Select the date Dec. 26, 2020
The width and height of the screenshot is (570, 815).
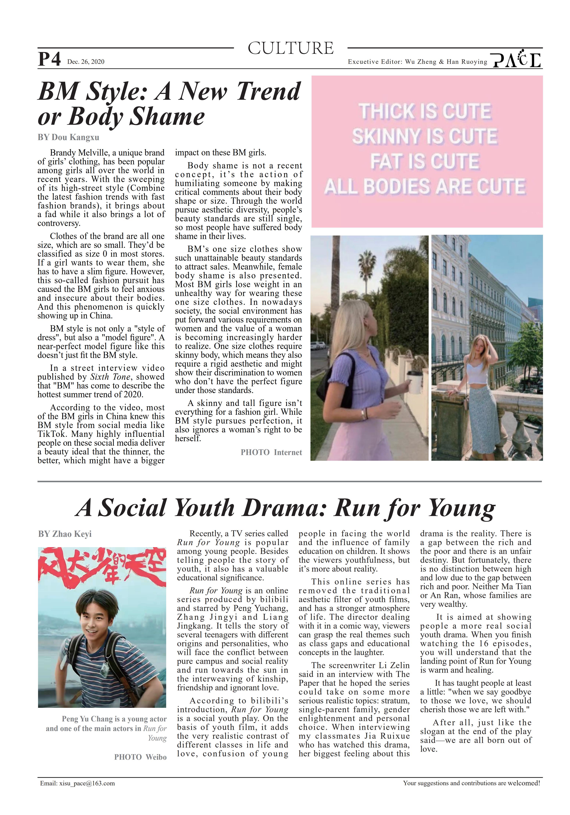[x=86, y=62]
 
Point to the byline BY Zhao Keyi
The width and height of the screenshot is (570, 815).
[x=65, y=534]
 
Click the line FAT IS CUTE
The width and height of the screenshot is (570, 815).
[x=425, y=161]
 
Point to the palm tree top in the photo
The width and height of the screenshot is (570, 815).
[x=366, y=259]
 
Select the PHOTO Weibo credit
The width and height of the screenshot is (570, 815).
[x=140, y=757]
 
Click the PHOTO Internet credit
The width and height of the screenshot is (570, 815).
[x=271, y=452]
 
